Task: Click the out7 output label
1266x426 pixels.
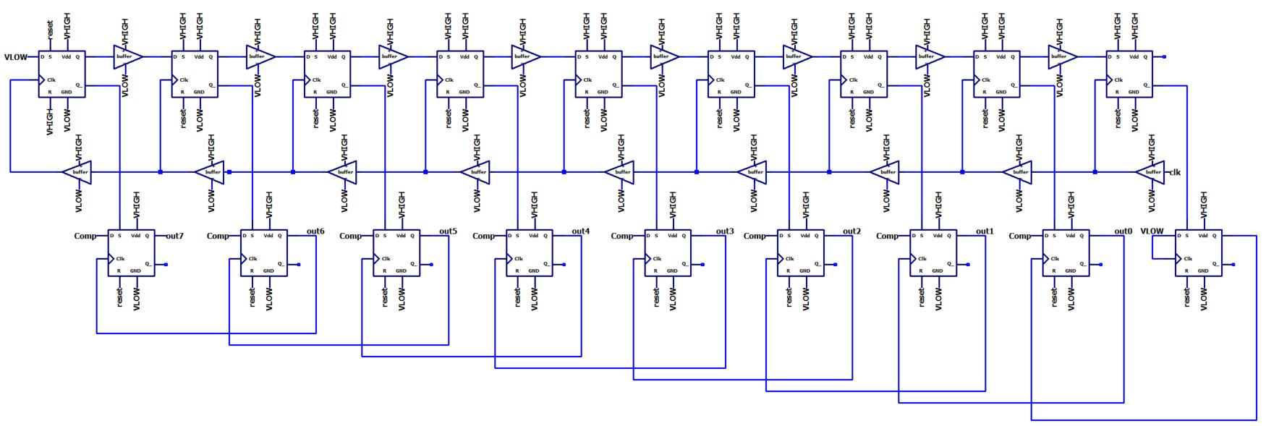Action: click(174, 236)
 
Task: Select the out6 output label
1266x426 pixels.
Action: click(315, 231)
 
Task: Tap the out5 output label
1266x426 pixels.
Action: click(448, 231)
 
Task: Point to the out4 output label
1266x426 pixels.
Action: click(581, 231)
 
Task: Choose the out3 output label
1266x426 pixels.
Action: click(725, 231)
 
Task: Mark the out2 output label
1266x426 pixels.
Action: click(851, 231)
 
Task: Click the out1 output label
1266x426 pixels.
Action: click(985, 231)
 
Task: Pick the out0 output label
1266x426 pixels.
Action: click(1123, 231)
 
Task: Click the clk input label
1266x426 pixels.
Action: click(1175, 172)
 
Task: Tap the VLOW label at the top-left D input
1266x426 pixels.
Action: click(16, 57)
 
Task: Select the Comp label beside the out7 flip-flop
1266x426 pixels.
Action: click(85, 236)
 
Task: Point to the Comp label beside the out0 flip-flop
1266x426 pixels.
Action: click(1019, 236)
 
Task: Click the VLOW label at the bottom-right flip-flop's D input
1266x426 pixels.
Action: click(1152, 231)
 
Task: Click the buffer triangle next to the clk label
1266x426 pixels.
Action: click(1150, 172)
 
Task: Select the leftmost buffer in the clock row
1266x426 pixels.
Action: click(77, 172)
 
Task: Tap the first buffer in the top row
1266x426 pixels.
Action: click(127, 56)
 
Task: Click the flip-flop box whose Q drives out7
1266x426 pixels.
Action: click(131, 252)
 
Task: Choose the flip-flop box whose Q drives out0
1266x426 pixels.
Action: click(1066, 252)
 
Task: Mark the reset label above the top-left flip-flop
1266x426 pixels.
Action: click(50, 30)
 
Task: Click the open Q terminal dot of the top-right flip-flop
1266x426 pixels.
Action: click(1164, 56)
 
